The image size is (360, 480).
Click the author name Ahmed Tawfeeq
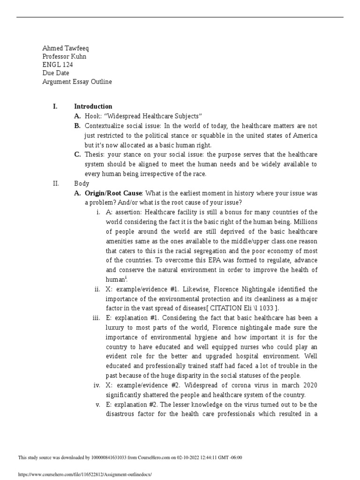(65, 48)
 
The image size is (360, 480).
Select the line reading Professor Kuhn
(64, 57)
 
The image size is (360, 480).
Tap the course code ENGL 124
(58, 65)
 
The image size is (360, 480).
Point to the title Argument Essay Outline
(77, 82)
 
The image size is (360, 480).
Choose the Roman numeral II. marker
(56, 184)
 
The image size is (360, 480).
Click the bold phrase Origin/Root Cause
(114, 193)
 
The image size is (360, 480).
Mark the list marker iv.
(97, 385)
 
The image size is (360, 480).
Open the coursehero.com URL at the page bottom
(85, 474)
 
